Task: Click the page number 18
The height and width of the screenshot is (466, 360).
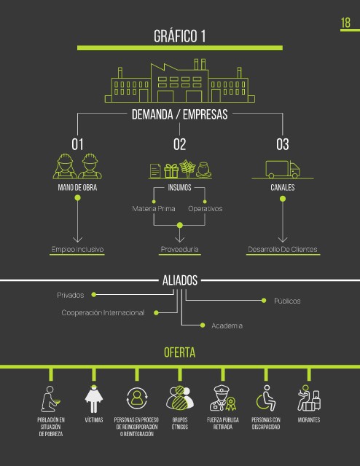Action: (x=345, y=23)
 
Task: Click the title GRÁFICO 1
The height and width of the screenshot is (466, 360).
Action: (x=180, y=36)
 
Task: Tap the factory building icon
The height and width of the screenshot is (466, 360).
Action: (x=180, y=81)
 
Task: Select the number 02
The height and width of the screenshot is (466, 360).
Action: (x=180, y=144)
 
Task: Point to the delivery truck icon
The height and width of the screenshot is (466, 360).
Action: (x=283, y=170)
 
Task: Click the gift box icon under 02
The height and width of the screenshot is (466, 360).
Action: (x=171, y=170)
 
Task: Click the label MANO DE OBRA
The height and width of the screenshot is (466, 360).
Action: (x=77, y=188)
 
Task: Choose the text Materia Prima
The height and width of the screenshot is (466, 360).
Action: (x=154, y=209)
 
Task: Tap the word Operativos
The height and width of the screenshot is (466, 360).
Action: (x=206, y=209)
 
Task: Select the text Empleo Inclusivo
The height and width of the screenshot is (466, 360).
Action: (x=77, y=249)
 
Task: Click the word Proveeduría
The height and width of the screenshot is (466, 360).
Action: (x=180, y=249)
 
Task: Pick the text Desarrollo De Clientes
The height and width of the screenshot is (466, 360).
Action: (x=283, y=249)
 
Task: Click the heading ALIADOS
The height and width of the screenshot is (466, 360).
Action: (x=180, y=280)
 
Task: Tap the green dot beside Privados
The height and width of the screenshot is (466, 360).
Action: (x=94, y=294)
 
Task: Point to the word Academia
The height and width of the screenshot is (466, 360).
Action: (x=227, y=325)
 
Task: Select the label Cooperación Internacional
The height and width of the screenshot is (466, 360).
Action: (x=103, y=312)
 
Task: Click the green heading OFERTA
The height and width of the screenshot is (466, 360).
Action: (x=180, y=352)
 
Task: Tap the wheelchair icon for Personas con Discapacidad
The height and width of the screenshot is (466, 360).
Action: (x=266, y=398)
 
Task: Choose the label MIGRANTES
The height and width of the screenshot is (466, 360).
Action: (x=309, y=420)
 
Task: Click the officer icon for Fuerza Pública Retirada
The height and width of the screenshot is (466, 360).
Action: (x=223, y=398)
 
